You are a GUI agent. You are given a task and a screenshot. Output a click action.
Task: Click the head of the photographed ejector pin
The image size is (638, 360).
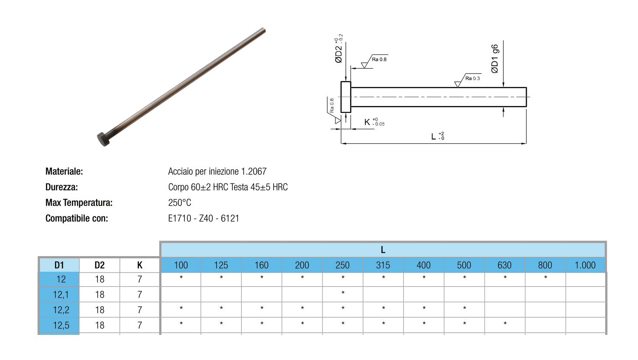click(x=103, y=139)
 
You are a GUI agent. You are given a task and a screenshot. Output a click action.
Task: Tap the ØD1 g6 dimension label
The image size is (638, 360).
click(x=495, y=59)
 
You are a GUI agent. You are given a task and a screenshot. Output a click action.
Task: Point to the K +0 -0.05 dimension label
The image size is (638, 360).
click(x=374, y=122)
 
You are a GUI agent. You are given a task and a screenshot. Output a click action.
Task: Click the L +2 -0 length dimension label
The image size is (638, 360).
click(x=438, y=136)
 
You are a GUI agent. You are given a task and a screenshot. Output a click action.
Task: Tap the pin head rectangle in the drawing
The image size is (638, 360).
click(x=346, y=97)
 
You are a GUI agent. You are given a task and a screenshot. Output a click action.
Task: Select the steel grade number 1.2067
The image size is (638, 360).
click(x=254, y=171)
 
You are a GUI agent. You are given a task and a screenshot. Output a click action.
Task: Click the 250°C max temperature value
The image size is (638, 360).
click(x=180, y=203)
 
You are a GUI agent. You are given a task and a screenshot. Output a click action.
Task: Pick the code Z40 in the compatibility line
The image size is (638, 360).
click(x=206, y=219)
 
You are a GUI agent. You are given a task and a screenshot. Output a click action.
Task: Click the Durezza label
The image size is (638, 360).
click(x=61, y=187)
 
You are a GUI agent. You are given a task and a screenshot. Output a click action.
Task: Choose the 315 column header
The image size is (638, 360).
click(x=383, y=265)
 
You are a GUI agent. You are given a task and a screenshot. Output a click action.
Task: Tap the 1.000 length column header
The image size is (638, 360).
click(x=585, y=265)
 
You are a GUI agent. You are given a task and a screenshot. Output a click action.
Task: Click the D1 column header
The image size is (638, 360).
click(x=59, y=265)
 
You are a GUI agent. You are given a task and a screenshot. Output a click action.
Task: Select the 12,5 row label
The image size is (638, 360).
click(x=61, y=325)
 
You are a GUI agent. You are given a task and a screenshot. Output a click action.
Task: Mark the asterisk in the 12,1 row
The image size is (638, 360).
click(x=343, y=292)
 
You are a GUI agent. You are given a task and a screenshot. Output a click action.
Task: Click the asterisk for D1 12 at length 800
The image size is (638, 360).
click(x=545, y=277)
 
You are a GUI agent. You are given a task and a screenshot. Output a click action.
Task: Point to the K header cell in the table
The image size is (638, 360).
click(x=139, y=265)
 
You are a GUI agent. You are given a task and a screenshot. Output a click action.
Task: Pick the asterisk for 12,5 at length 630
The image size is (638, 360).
click(x=505, y=323)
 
